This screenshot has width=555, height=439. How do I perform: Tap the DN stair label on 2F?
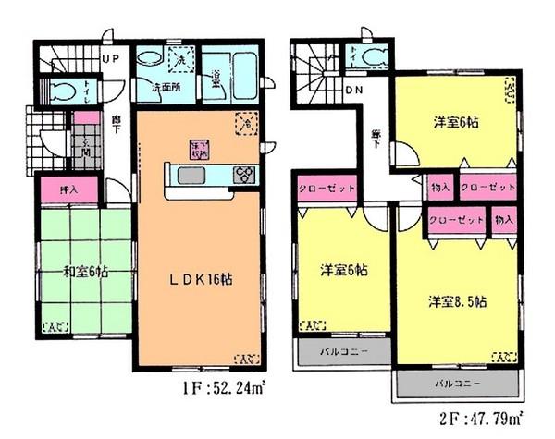(354, 90)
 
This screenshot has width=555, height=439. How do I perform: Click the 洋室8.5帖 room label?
(457, 301)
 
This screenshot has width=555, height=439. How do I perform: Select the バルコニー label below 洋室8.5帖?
(452, 382)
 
